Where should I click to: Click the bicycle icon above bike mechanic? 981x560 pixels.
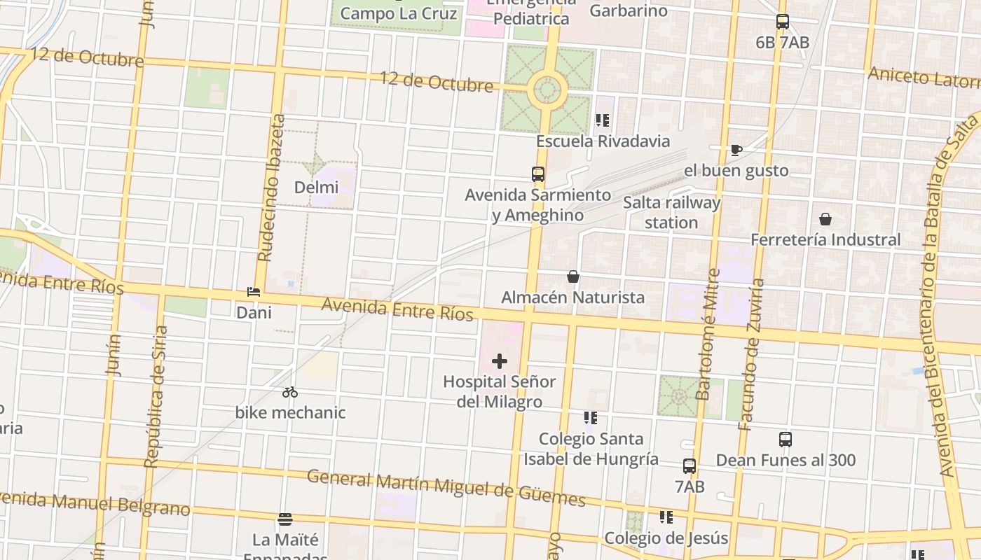[x=290, y=392]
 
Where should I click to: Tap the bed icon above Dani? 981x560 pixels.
[x=254, y=292]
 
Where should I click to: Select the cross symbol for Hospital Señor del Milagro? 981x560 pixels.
[x=500, y=361]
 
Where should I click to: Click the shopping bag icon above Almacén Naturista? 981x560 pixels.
[x=573, y=276]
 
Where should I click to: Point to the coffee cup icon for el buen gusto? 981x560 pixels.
[x=736, y=150]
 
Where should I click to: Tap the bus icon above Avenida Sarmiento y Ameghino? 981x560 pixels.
[x=538, y=174]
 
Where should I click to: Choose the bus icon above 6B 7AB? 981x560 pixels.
[x=783, y=22]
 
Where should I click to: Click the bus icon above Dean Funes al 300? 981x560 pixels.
[x=786, y=440]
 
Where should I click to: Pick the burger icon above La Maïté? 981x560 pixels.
[x=285, y=519]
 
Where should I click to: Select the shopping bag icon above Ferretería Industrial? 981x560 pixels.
[x=825, y=219]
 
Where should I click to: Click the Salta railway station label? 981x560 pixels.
[x=671, y=213]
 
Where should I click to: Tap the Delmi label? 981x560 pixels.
[x=316, y=187]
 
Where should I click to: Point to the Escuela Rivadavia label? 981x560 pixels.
[x=603, y=141]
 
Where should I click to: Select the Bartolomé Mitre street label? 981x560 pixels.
[x=708, y=335]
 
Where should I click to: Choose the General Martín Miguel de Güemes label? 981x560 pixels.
[x=446, y=487]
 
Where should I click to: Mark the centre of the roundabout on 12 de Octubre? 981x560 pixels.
[x=548, y=90]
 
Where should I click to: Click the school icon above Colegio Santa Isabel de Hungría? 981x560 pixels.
[x=591, y=418]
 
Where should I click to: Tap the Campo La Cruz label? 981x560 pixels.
[x=399, y=13]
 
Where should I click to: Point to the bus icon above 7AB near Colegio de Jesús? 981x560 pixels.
[x=690, y=465]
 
